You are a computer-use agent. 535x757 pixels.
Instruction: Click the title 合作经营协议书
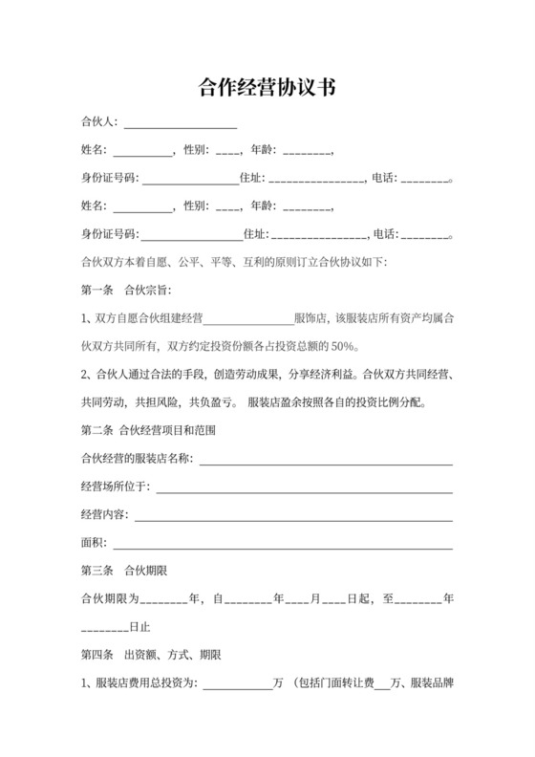coord(267,88)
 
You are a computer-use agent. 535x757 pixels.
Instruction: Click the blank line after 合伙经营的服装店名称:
coord(325,463)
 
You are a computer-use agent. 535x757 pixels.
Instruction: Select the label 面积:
coord(94,544)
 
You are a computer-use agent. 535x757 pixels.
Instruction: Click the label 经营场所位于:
coord(116,487)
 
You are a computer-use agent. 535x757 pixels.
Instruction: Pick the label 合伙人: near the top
coord(99,122)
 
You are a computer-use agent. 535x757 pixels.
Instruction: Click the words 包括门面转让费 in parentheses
coord(334,683)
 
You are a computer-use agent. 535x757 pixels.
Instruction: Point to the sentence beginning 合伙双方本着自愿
coord(234,261)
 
